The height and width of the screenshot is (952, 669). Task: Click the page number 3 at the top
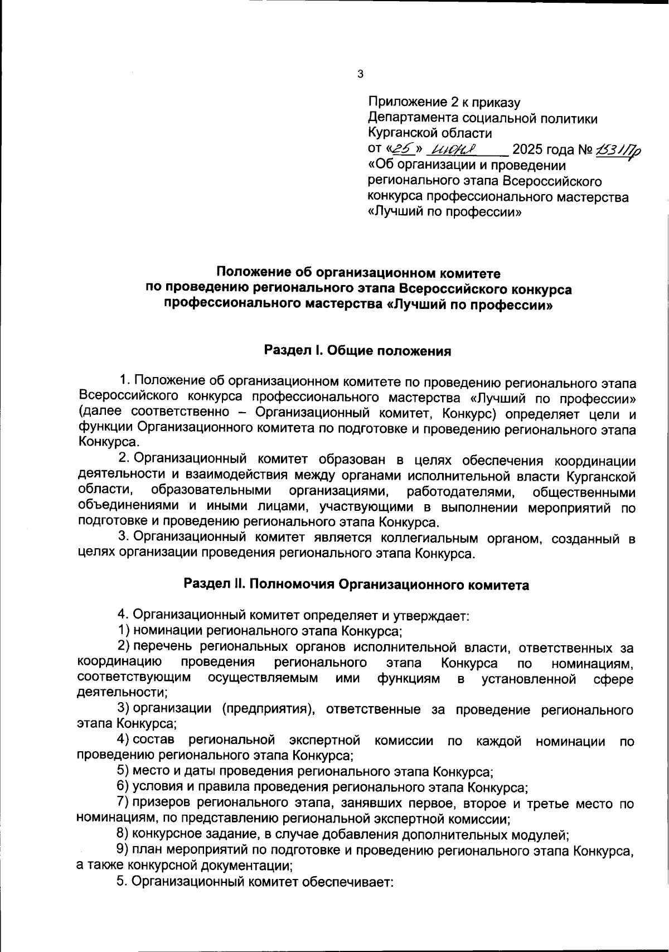360,74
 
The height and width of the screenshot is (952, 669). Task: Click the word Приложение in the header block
407,103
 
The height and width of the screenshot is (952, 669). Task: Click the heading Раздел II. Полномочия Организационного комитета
356,585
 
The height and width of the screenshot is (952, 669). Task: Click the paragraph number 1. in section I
124,381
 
